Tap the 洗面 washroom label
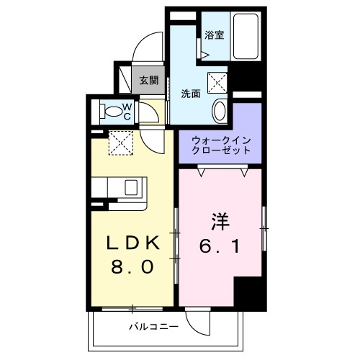coord(190,93)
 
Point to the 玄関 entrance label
coord(148,80)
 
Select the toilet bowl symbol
coord(112,112)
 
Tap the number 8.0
coord(131,268)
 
